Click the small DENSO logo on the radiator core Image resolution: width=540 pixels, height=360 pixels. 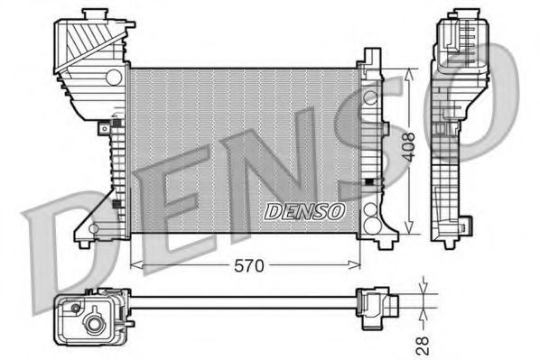tap(304, 211)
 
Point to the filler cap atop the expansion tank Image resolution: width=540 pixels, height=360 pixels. tap(94, 18)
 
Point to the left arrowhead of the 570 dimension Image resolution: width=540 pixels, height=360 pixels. tap(135, 264)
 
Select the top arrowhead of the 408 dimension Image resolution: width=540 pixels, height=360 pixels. tap(411, 72)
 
